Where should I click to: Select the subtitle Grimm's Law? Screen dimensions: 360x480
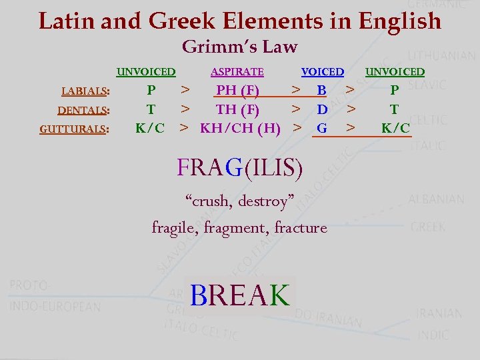(x=239, y=47)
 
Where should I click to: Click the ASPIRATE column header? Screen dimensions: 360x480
(x=237, y=72)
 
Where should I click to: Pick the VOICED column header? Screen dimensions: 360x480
(x=323, y=72)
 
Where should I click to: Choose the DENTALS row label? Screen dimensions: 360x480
(x=83, y=110)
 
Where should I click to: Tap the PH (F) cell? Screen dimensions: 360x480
(x=238, y=90)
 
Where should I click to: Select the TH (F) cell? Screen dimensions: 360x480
(x=238, y=109)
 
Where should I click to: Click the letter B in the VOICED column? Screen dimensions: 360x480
(x=322, y=90)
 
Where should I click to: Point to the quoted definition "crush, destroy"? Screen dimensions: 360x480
(x=239, y=200)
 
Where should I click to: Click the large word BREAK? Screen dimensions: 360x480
(x=239, y=294)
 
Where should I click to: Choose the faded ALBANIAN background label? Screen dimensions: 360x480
(x=436, y=199)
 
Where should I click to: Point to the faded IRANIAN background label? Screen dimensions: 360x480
(x=439, y=313)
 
